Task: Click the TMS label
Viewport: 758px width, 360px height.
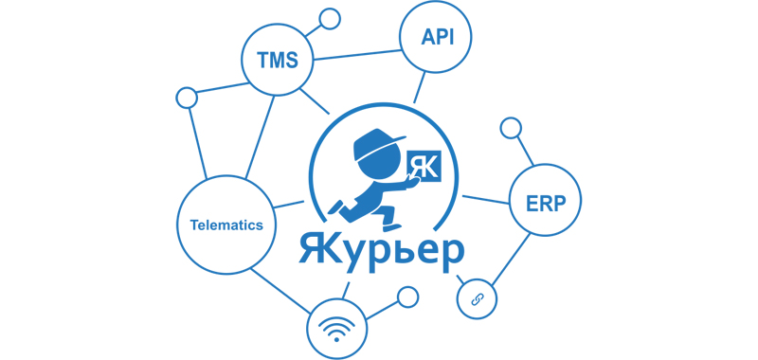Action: pyautogui.click(x=277, y=60)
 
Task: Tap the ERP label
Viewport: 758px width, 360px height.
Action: pyautogui.click(x=545, y=201)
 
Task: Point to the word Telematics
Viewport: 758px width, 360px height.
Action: pyautogui.click(x=226, y=225)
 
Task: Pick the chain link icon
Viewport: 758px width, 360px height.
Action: pyautogui.click(x=478, y=298)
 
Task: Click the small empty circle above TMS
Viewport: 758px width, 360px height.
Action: pyautogui.click(x=330, y=18)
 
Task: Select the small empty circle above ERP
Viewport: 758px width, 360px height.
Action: pyautogui.click(x=510, y=127)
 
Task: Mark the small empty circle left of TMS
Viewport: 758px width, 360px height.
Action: pyautogui.click(x=187, y=97)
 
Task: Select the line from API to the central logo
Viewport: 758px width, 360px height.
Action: pyautogui.click(x=417, y=85)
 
